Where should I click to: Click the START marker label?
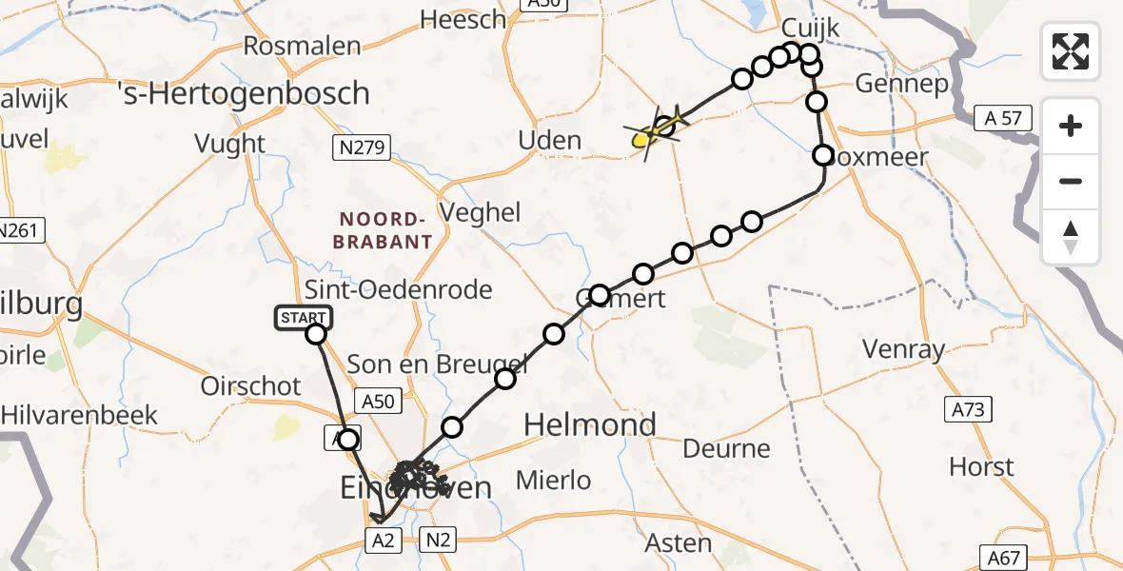click(x=304, y=318)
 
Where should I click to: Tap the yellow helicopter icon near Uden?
click(x=656, y=131)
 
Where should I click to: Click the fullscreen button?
click(x=1071, y=50)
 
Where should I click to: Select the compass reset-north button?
click(x=1071, y=238)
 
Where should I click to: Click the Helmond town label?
click(x=591, y=424)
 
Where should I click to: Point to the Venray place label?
click(x=903, y=349)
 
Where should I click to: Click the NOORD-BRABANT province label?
click(x=383, y=229)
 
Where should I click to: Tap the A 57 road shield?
click(x=1003, y=118)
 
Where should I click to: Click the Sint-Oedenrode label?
click(x=400, y=289)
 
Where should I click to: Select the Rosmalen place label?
click(x=303, y=46)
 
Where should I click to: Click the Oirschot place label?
click(x=251, y=386)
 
